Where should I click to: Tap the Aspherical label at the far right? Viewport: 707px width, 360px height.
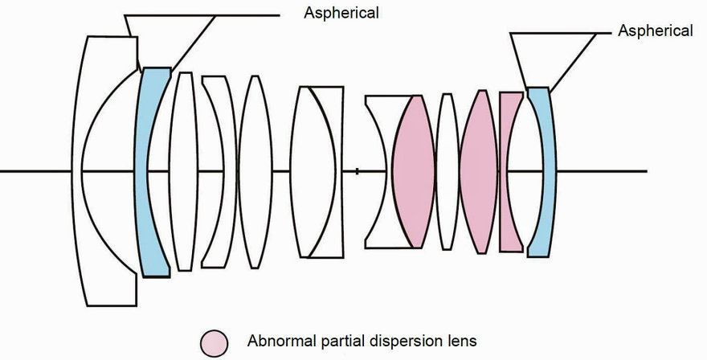(x=655, y=31)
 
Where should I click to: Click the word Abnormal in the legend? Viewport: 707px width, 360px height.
(x=277, y=341)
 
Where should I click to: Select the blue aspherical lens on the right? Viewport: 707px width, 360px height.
(x=541, y=171)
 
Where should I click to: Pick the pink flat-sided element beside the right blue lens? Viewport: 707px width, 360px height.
(x=509, y=171)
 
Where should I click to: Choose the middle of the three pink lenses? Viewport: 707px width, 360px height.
(x=479, y=171)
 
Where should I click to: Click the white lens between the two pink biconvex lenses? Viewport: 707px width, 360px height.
(x=447, y=171)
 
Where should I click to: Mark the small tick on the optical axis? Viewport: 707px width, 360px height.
(x=357, y=170)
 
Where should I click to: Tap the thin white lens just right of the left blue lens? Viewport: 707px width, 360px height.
(x=185, y=171)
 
